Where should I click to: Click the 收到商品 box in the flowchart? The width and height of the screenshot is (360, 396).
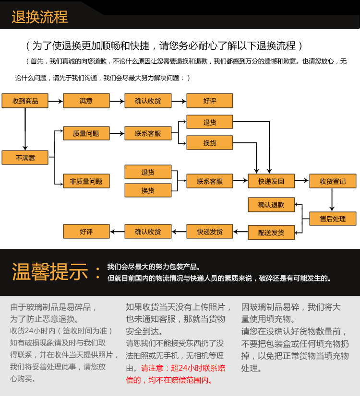click(x=25, y=101)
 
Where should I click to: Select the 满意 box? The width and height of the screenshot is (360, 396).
click(x=86, y=101)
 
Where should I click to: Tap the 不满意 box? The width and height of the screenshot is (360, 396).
click(x=25, y=158)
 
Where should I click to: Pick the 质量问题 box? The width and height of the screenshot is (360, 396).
click(x=86, y=133)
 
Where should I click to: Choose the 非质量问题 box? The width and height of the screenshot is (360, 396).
click(x=86, y=181)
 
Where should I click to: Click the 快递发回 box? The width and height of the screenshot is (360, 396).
click(x=271, y=181)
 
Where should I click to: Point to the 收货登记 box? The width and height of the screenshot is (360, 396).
click(x=333, y=181)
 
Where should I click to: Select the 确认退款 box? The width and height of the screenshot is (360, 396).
click(x=271, y=205)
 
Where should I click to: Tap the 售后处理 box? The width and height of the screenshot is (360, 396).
click(x=333, y=219)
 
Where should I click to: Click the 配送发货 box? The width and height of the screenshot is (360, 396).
click(x=271, y=233)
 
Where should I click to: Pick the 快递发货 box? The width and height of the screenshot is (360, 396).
click(x=209, y=232)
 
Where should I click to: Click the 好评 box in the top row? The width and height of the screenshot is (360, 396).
click(x=209, y=101)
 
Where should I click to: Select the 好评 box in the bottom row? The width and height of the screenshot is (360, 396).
click(x=86, y=232)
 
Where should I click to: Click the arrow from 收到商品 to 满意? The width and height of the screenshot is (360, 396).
click(x=56, y=101)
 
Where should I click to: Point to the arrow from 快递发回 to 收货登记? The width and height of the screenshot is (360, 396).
click(x=301, y=181)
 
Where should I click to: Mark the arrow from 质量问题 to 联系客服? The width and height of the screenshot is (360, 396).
click(x=117, y=133)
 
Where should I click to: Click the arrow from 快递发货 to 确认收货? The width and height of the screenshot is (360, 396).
click(x=179, y=232)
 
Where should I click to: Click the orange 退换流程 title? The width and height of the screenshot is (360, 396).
click(x=40, y=17)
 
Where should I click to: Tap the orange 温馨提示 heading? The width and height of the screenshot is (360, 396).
click(x=50, y=272)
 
